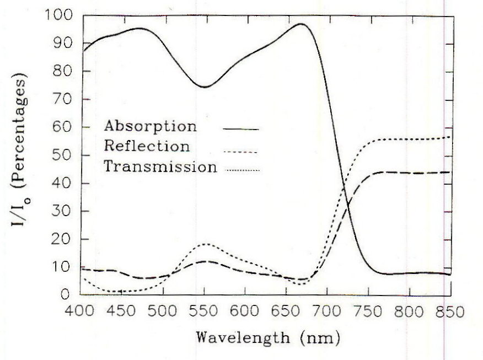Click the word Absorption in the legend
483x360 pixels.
pyautogui.click(x=150, y=126)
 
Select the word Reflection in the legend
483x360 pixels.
pyautogui.click(x=147, y=146)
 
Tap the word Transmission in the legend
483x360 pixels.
pyautogui.click(x=160, y=166)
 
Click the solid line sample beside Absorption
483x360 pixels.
pyautogui.click(x=241, y=128)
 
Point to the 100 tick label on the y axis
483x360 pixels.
pyautogui.click(x=56, y=15)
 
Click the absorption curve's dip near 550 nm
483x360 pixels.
pyautogui.click(x=205, y=87)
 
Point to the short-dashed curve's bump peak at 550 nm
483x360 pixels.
pyautogui.click(x=205, y=244)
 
